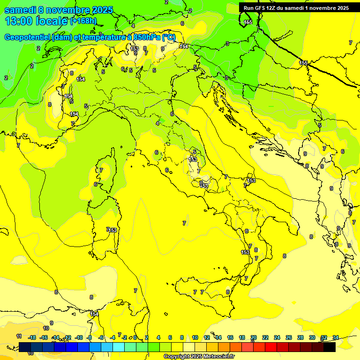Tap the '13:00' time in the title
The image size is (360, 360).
coord(20,21)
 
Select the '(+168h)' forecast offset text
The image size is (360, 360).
coord(83,21)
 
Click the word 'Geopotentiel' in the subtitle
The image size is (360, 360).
coord(27,37)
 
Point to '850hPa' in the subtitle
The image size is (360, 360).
coord(150,37)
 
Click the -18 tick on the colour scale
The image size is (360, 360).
coord(32,337)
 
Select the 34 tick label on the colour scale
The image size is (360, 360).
coord(336,337)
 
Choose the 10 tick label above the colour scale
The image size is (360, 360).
coord(195,337)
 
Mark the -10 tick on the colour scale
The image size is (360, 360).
coord(79,337)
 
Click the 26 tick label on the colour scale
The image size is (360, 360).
coord(289,337)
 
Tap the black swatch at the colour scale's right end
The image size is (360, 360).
coord(330,347)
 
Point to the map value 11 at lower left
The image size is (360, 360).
coord(19,336)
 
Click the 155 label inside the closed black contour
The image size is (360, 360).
coord(248,22)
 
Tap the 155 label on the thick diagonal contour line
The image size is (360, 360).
coord(304,63)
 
